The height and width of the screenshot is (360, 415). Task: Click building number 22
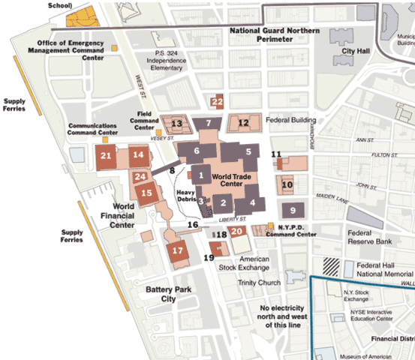tap(218, 102)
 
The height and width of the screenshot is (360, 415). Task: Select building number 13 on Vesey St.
tap(177, 124)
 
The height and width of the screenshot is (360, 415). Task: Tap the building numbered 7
tap(209, 123)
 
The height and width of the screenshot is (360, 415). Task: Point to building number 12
tap(243, 123)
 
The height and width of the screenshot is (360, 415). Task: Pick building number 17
tap(178, 250)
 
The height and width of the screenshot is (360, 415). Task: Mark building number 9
tap(293, 210)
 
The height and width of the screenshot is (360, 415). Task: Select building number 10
tap(287, 184)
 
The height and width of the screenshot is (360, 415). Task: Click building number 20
tap(236, 231)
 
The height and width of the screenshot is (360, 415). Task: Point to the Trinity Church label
tap(258, 283)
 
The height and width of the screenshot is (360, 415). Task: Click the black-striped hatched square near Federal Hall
tap(330, 265)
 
